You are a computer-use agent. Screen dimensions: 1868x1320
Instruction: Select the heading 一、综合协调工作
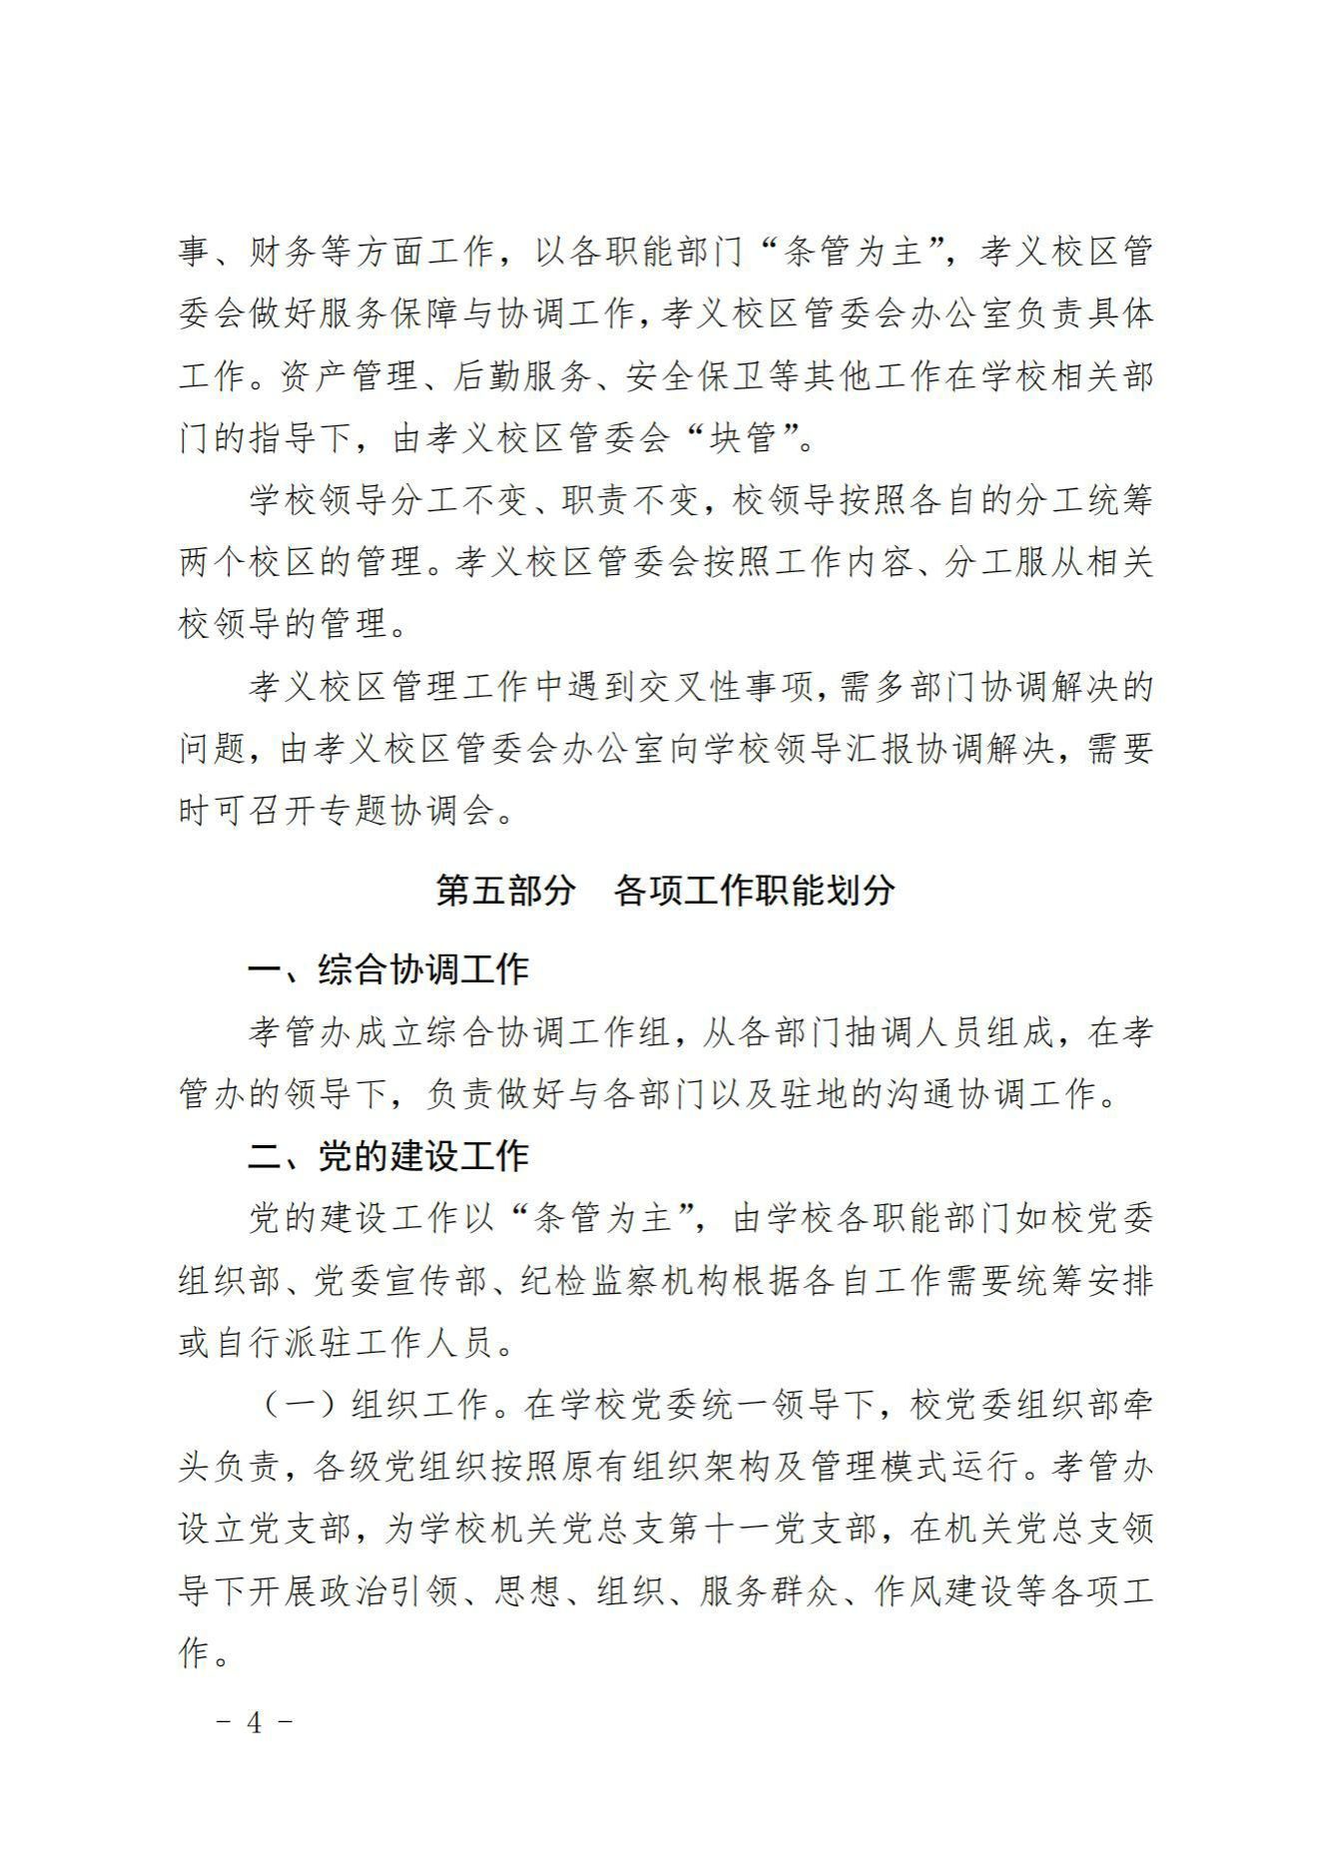click(x=388, y=969)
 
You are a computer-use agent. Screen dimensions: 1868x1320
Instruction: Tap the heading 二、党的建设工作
click(x=388, y=1156)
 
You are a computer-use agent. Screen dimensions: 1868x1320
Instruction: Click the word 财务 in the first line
click(x=285, y=252)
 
